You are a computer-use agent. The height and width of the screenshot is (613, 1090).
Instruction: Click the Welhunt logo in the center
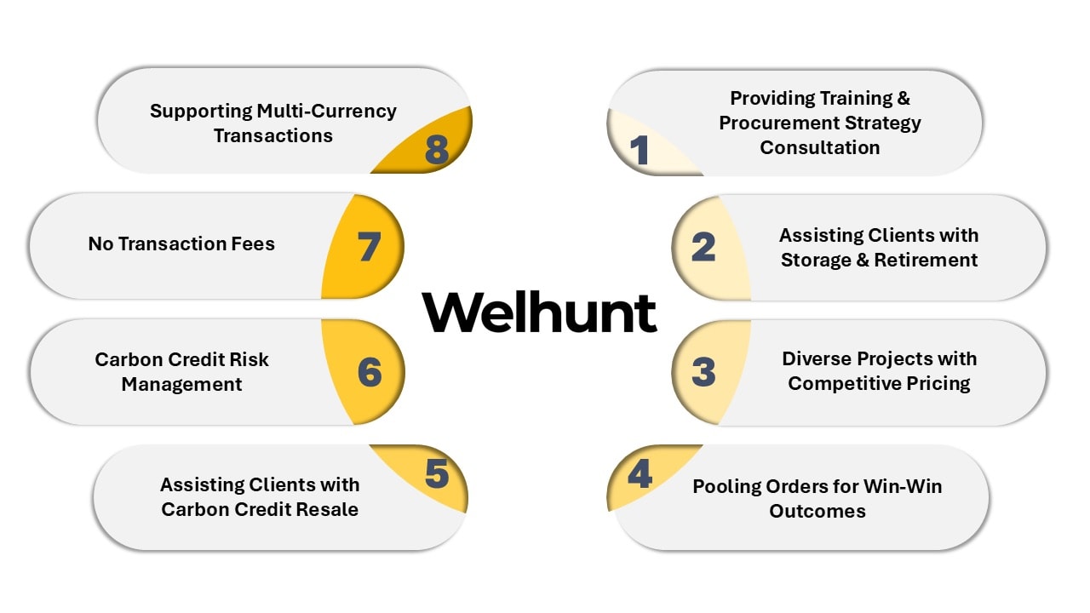click(540, 312)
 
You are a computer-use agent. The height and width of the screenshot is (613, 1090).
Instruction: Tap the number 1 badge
click(640, 150)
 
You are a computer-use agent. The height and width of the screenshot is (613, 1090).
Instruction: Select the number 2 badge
click(703, 247)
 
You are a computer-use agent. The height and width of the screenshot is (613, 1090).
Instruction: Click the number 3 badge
click(703, 372)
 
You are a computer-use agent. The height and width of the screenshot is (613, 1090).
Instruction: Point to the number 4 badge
click(640, 475)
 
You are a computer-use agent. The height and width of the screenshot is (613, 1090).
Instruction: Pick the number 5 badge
click(437, 475)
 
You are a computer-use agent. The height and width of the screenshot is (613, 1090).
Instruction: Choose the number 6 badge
click(370, 372)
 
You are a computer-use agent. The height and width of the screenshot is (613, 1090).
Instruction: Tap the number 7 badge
click(369, 247)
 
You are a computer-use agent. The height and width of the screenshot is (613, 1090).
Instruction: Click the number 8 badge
click(436, 150)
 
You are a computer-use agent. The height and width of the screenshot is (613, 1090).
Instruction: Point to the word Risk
click(248, 359)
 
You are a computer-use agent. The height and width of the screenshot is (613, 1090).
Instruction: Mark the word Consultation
click(819, 147)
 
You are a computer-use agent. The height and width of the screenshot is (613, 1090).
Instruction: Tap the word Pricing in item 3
click(934, 383)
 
